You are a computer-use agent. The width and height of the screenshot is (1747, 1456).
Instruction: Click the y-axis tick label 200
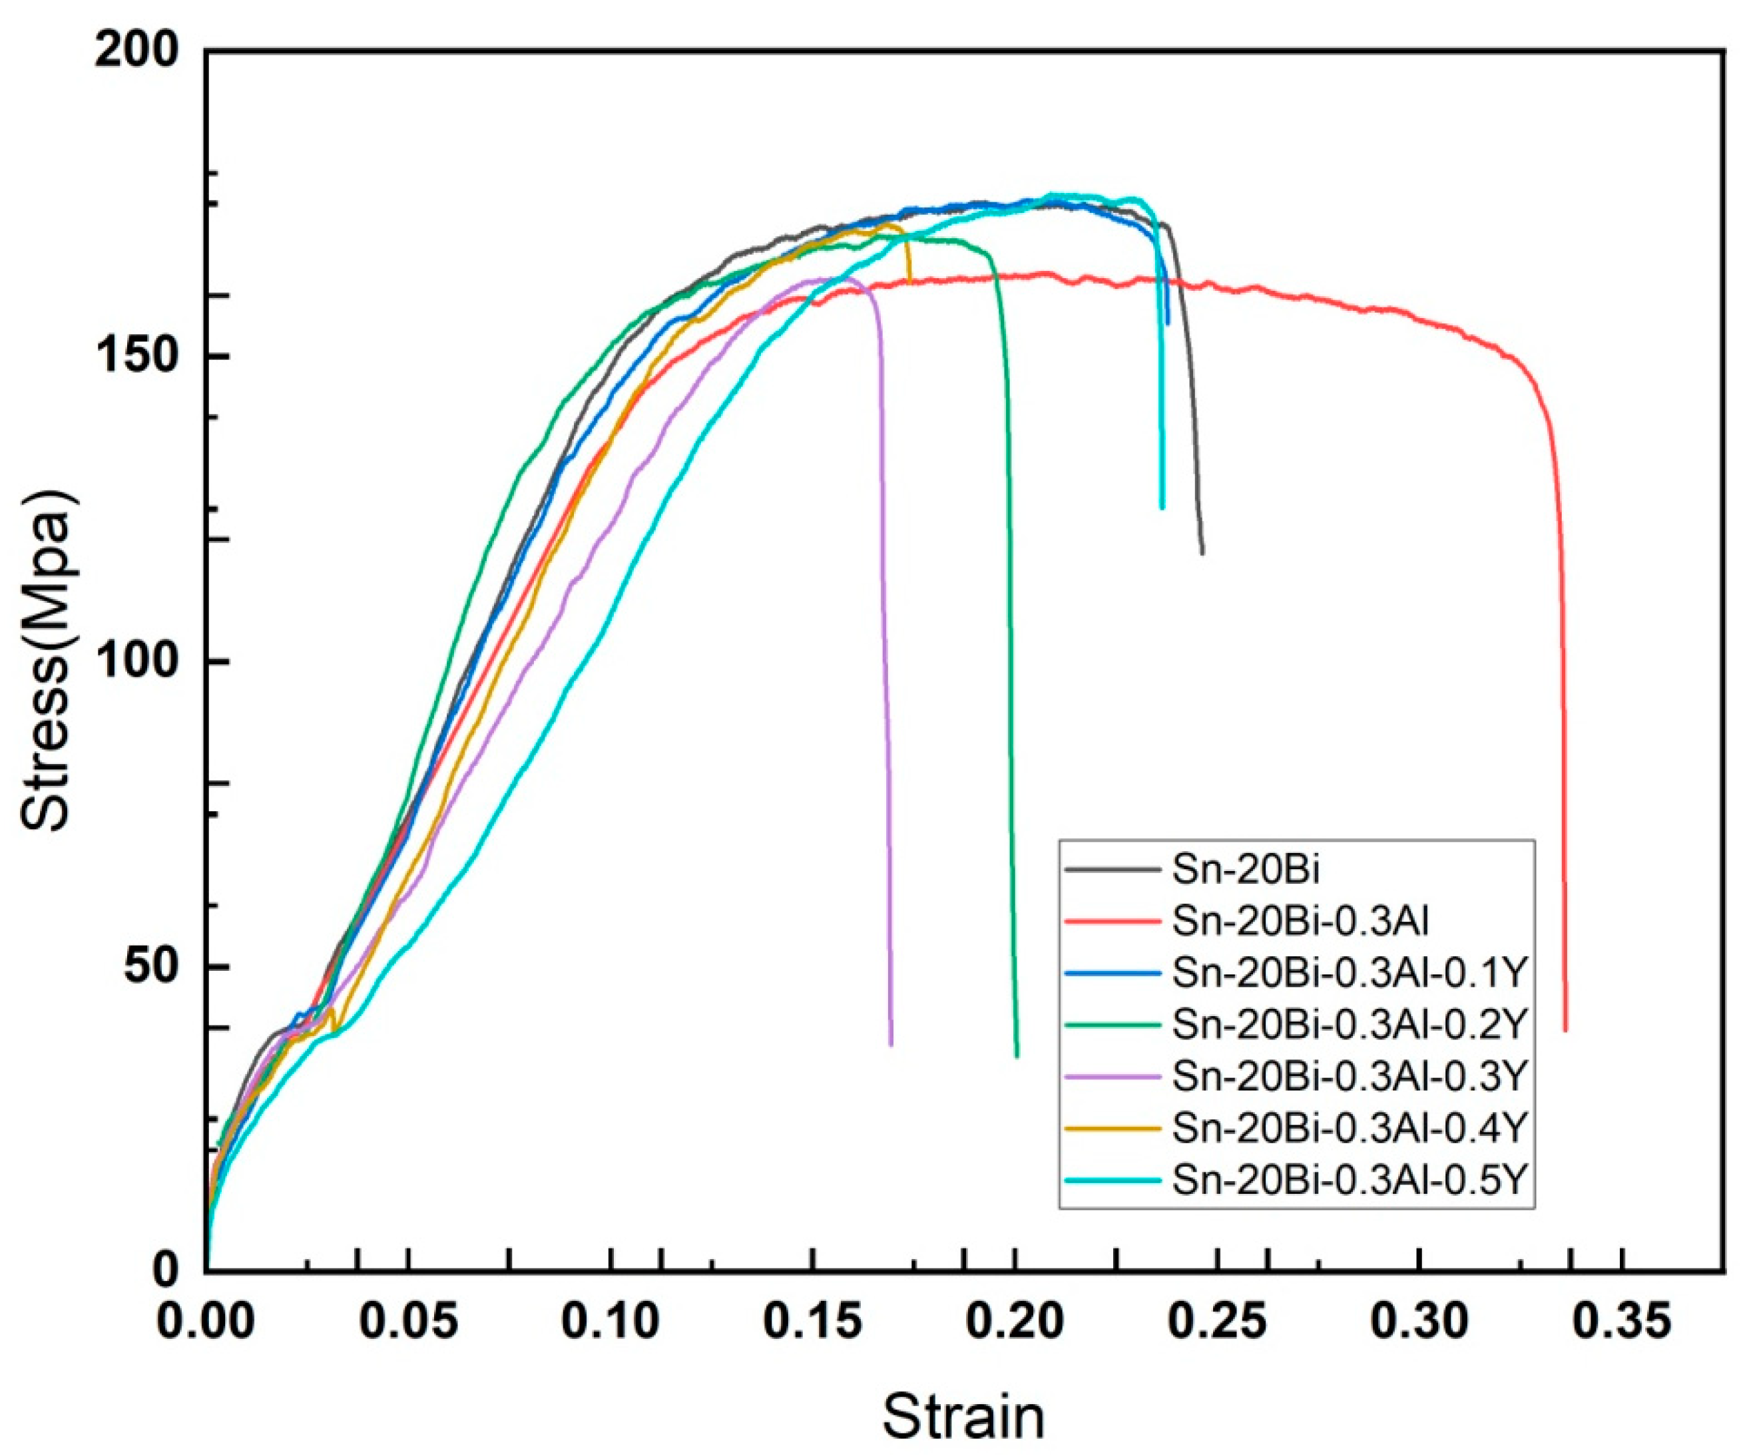click(136, 51)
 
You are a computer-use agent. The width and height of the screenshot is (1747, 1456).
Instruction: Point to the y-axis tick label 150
click(136, 357)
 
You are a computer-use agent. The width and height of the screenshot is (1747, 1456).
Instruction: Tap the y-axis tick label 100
click(136, 662)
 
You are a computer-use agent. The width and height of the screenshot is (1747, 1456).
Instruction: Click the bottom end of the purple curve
click(891, 1044)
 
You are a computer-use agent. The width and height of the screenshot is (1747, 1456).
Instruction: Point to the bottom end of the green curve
click(1017, 1056)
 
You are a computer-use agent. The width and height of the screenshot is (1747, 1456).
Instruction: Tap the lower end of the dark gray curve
click(1202, 553)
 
